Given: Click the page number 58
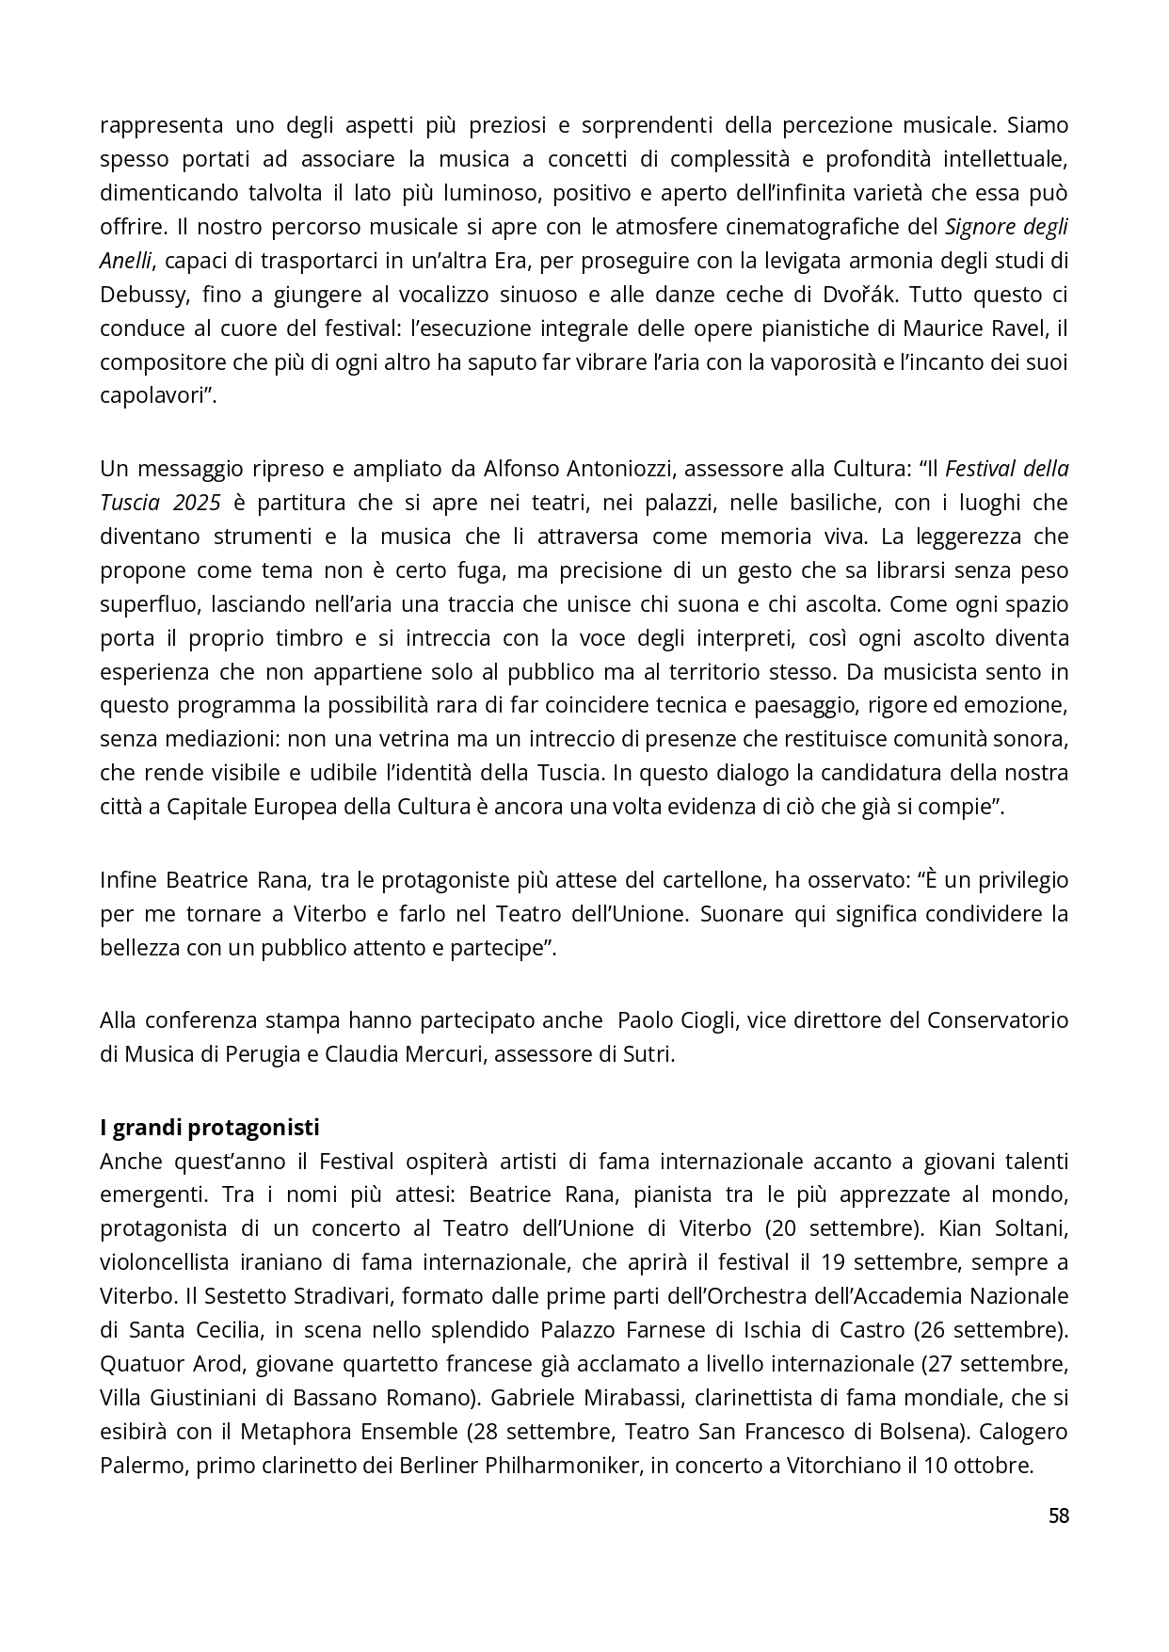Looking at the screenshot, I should [x=1058, y=1516].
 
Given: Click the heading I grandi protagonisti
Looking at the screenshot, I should [x=210, y=1127].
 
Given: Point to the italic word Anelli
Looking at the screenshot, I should [x=127, y=261].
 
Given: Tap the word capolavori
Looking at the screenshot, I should [x=153, y=395].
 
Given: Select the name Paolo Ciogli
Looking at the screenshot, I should [x=676, y=1020].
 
